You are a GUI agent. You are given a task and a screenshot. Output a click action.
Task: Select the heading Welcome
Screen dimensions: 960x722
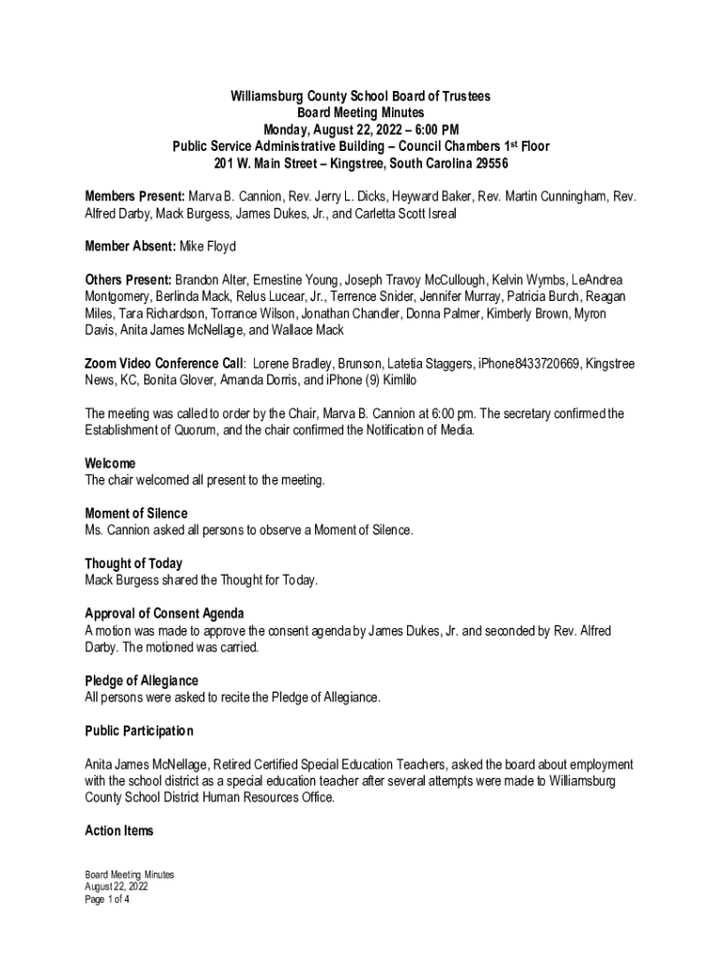pos(110,463)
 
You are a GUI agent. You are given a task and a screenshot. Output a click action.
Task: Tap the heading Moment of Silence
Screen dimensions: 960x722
pos(136,514)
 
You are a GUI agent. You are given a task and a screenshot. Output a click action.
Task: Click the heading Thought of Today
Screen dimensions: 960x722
pos(133,563)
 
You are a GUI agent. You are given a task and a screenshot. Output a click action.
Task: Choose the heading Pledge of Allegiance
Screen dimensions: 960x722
pos(142,681)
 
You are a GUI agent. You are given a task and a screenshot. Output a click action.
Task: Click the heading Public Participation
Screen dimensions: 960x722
pos(139,731)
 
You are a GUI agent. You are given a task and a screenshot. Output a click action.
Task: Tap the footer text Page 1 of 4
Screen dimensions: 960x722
pos(107,899)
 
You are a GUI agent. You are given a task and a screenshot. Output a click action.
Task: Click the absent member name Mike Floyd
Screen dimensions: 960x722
pos(210,247)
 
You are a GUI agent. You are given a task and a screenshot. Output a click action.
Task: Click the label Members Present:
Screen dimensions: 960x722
pos(134,197)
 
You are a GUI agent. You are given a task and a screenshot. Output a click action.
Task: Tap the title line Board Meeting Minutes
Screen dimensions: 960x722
pos(361,112)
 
